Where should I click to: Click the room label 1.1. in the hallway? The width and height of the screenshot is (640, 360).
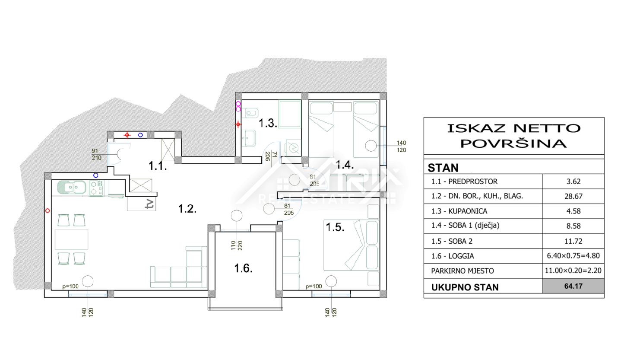point(158,166)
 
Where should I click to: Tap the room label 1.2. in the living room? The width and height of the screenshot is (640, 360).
point(187,209)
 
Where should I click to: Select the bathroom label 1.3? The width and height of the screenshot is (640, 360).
point(268,123)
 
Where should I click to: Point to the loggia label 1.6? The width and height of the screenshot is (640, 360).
point(243,268)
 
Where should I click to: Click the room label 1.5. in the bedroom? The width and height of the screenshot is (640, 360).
point(335,227)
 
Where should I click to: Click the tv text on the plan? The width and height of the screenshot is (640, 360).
point(149,204)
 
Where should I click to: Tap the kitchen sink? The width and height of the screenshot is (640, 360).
point(71,188)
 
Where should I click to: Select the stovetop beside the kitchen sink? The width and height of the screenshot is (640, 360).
point(97,188)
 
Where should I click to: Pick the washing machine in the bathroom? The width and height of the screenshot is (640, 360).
point(293,148)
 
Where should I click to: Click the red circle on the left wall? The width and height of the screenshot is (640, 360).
point(48,211)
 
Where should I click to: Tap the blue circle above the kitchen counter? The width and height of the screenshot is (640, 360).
point(96,175)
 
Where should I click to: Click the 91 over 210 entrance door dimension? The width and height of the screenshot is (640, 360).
point(96,154)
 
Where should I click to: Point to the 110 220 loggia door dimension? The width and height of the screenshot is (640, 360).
point(237,245)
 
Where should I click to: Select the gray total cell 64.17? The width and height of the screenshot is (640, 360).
point(573,286)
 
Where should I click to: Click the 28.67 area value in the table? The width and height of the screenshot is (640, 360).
point(573,196)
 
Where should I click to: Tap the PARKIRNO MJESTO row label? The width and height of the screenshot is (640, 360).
point(462,271)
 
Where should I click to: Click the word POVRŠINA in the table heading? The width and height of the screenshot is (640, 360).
point(513,143)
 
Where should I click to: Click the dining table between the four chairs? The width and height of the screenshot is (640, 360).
point(71,239)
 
